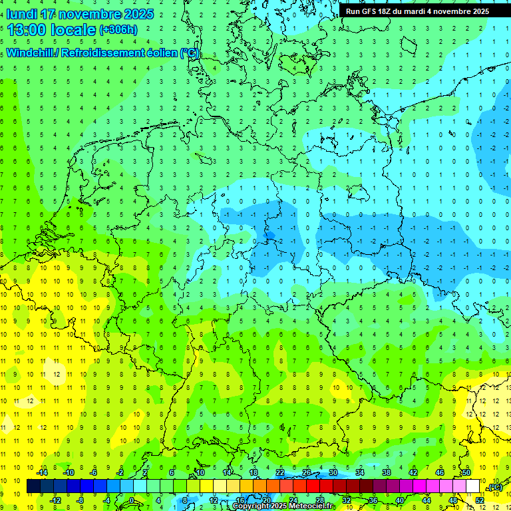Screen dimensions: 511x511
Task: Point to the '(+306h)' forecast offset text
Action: point(118,30)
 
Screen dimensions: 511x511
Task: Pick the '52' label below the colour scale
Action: point(480,500)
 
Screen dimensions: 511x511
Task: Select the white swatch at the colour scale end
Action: point(473,486)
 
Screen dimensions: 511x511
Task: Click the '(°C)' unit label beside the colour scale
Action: point(494,488)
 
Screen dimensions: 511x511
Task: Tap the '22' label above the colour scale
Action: point(280,472)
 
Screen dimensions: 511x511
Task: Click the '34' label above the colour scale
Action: point(360,472)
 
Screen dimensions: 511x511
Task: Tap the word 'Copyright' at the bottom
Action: point(250,506)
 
